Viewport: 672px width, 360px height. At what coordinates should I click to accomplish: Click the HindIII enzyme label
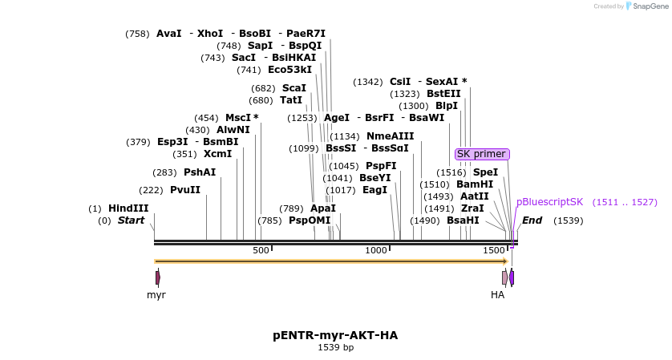click(128, 208)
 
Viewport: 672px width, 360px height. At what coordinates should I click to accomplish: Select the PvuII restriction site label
click(184, 190)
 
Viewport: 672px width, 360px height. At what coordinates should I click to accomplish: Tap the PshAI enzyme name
click(199, 172)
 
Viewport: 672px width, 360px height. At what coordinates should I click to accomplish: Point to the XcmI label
click(217, 154)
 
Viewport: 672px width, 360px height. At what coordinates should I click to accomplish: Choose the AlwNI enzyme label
click(233, 130)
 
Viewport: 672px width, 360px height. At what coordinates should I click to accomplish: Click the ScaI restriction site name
click(293, 88)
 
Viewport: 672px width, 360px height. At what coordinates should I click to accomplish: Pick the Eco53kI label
click(289, 70)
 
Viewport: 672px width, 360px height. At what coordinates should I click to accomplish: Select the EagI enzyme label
click(374, 190)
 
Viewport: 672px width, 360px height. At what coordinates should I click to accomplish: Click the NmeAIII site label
click(390, 136)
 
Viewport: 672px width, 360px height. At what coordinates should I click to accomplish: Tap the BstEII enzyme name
click(443, 94)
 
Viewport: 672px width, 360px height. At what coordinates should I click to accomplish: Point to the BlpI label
click(446, 106)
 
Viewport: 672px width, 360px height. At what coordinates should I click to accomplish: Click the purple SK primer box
click(482, 154)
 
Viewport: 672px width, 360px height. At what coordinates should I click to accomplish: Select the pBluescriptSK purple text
click(549, 203)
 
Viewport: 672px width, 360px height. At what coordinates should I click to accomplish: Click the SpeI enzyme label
click(484, 172)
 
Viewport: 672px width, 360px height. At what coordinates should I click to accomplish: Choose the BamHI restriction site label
click(475, 184)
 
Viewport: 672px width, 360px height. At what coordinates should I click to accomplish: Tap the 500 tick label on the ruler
click(261, 251)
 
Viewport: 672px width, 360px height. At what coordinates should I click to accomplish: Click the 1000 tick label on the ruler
click(376, 251)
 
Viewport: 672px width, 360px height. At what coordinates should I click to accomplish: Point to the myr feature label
click(156, 295)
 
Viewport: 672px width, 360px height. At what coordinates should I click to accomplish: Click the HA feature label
click(498, 295)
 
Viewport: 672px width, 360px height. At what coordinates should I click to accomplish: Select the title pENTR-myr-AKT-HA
click(335, 335)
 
